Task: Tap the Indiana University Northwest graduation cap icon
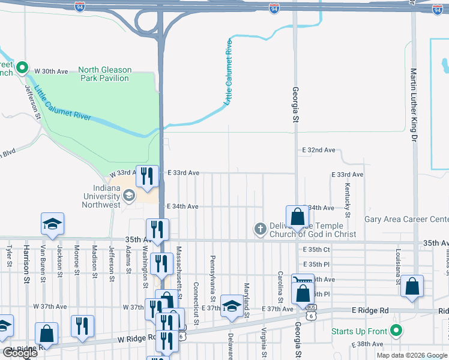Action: pyautogui.click(x=128, y=196)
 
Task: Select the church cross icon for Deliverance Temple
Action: pyautogui.click(x=260, y=228)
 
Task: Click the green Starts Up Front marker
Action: pyautogui.click(x=396, y=330)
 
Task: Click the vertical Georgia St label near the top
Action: pyautogui.click(x=295, y=104)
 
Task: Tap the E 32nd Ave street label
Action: pyautogui.click(x=318, y=150)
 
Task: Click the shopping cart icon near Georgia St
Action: pyautogui.click(x=303, y=280)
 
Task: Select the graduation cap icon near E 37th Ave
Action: pyautogui.click(x=232, y=305)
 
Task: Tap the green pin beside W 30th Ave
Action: pyautogui.click(x=23, y=68)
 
